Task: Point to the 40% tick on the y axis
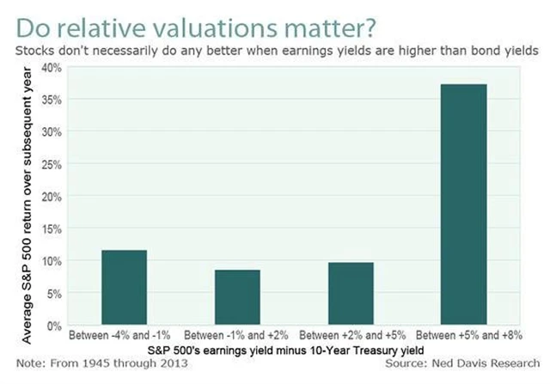tap(52, 67)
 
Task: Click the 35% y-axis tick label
tap(52, 100)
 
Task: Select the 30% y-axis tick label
tap(52, 131)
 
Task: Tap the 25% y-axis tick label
tap(52, 164)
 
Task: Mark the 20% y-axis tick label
tap(52, 196)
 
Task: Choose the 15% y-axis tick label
tap(52, 229)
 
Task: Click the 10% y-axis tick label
tap(52, 260)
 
